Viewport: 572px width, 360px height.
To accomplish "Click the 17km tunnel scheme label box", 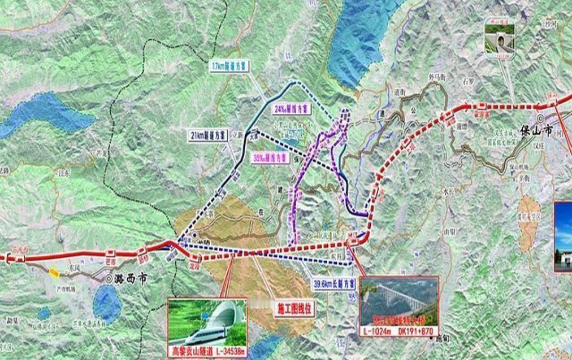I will tap(230, 66).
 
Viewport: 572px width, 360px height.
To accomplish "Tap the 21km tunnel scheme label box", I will tap(209, 134).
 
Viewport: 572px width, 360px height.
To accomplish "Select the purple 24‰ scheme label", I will tap(291, 109).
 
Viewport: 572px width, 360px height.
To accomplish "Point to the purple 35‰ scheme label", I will tap(270, 157).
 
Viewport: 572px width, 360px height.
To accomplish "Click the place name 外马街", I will tap(437, 78).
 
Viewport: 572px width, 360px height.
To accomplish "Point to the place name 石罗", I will tap(467, 82).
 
